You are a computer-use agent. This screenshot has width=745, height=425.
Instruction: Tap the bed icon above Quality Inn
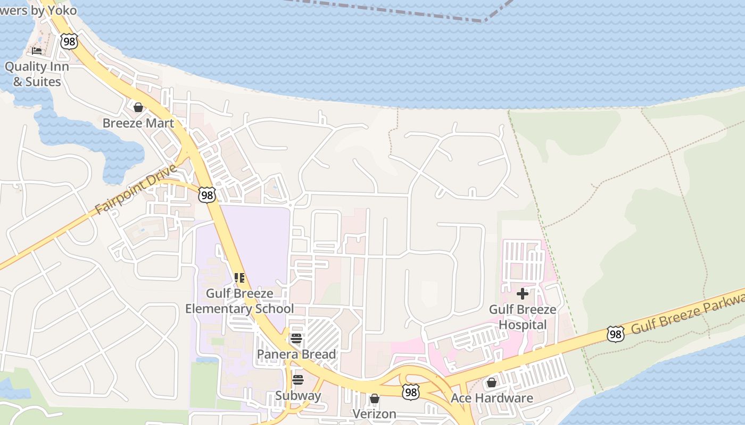point(37,51)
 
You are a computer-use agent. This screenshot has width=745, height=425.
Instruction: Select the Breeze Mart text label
point(138,123)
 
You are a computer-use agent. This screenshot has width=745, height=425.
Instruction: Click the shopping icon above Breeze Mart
point(138,107)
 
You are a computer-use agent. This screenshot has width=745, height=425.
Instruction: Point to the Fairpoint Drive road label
point(136,189)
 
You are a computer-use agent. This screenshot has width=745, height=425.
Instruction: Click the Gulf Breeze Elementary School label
point(239,301)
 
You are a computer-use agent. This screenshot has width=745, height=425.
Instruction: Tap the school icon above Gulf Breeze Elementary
point(239,277)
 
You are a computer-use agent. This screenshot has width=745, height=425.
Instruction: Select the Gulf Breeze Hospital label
point(523,317)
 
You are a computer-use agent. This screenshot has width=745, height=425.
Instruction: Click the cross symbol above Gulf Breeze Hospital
point(523,293)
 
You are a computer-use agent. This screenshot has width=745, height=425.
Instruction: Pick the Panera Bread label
point(296,354)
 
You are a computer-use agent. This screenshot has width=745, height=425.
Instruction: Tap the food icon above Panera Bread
point(296,338)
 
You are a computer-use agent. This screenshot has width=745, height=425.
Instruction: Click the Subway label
point(298,396)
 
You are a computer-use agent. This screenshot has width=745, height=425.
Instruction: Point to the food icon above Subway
point(298,380)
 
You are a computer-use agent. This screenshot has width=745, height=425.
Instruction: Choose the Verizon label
point(375,413)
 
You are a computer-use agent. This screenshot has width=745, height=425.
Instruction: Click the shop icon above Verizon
point(375,398)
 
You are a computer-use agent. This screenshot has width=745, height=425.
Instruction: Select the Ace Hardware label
point(492,398)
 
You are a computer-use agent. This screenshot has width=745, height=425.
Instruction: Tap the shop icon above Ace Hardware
point(492,382)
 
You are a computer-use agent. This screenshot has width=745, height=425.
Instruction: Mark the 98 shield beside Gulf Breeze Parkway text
point(615,334)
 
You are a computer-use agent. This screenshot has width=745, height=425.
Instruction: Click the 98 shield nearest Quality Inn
point(69,41)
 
